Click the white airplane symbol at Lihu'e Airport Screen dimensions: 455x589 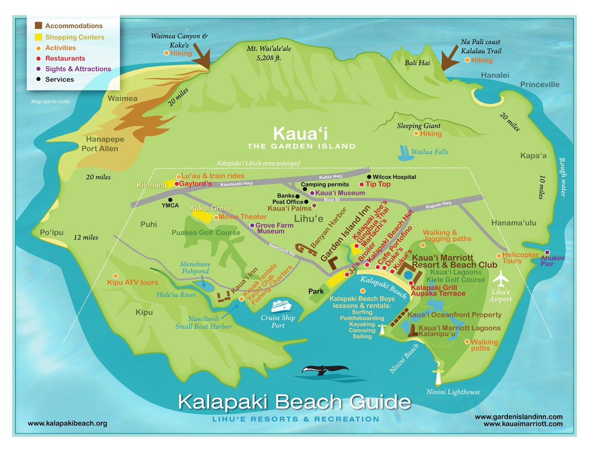coord(501,279)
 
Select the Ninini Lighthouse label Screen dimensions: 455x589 coord(453,392)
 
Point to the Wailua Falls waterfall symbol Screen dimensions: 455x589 coord(405,152)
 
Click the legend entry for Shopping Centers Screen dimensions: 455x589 coord(75,37)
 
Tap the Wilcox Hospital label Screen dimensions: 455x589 coord(394,177)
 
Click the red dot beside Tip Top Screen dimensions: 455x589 coord(362,185)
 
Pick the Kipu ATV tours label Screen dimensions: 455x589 coord(133,282)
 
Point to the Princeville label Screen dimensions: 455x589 coord(540,84)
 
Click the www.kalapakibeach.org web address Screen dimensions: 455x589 coord(67,423)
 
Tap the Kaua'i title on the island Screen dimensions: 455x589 coord(301,133)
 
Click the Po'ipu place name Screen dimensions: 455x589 coord(52,232)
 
